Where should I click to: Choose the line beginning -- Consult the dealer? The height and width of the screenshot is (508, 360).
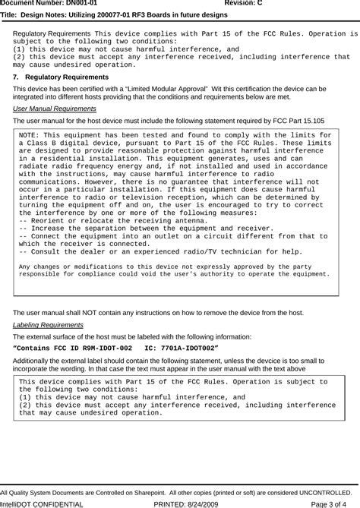159,251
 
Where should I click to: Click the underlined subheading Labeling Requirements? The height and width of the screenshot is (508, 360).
49,324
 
